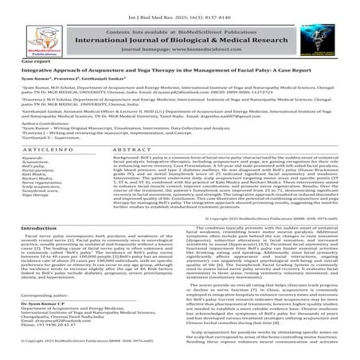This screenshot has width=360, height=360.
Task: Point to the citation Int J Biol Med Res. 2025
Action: (179, 8)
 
